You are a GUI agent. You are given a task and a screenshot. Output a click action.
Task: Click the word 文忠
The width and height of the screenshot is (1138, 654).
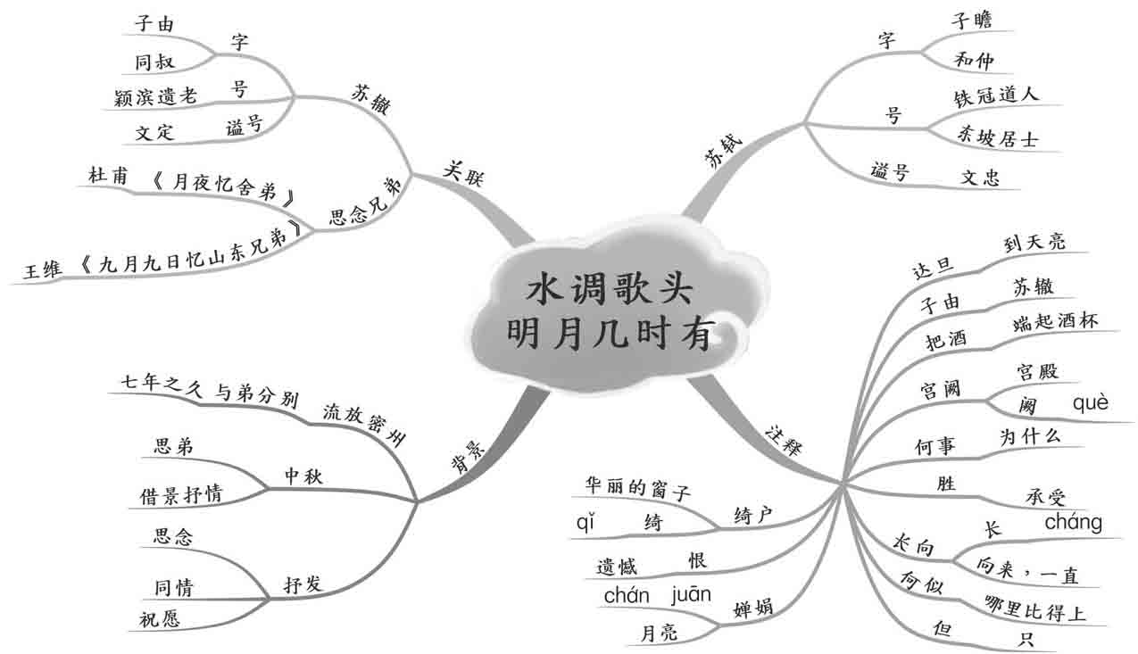click(979, 176)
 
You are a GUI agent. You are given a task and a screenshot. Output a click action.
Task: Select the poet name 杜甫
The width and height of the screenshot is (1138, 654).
click(108, 176)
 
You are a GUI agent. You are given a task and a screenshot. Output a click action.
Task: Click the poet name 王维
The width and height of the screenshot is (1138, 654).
click(42, 269)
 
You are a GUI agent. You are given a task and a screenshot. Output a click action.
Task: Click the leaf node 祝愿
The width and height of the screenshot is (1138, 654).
click(159, 619)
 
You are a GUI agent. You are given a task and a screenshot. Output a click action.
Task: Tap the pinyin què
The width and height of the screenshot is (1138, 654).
click(1090, 402)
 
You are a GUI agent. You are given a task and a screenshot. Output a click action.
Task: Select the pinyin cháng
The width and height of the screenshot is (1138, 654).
click(1073, 522)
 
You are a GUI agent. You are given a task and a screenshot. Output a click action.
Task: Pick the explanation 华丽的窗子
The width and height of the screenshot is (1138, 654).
click(637, 487)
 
